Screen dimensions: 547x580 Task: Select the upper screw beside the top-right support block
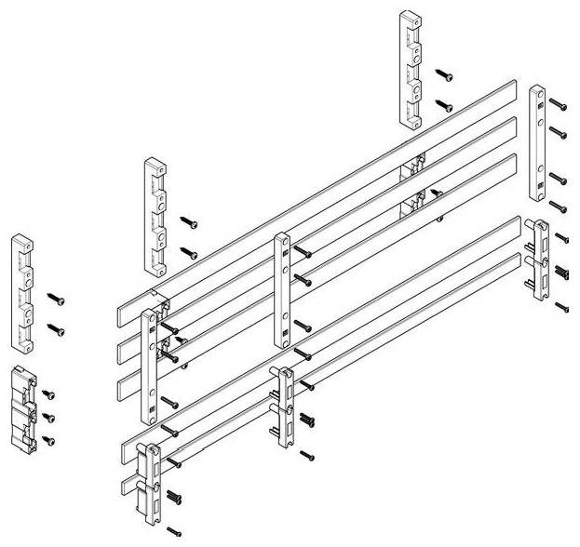click(x=445, y=74)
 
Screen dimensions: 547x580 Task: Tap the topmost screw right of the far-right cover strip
click(x=557, y=101)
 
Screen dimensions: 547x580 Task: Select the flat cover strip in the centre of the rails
click(x=281, y=289)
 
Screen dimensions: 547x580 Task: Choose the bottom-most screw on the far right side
click(x=562, y=306)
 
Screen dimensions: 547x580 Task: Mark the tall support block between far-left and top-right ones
click(x=155, y=216)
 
